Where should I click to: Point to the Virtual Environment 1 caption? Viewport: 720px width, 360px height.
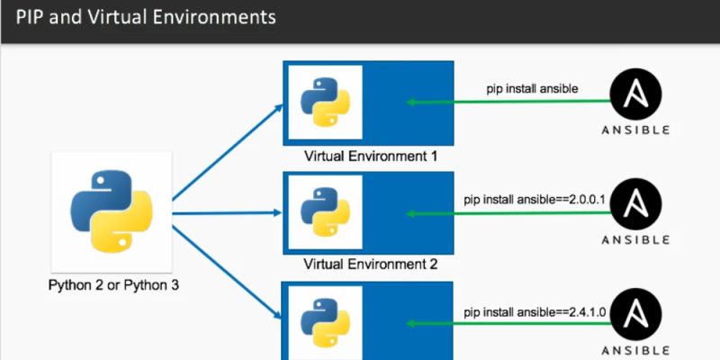click(x=371, y=155)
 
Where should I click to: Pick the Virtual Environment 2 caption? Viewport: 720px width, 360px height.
click(x=371, y=265)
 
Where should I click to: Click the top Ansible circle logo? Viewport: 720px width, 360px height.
click(x=635, y=95)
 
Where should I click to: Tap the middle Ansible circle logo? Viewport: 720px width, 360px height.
click(x=635, y=206)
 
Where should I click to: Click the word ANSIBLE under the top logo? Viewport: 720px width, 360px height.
click(x=635, y=130)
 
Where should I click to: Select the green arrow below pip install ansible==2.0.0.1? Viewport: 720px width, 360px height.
click(x=508, y=213)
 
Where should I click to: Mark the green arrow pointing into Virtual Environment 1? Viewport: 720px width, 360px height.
click(x=508, y=103)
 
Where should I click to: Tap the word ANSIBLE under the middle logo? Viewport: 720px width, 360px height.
click(x=635, y=239)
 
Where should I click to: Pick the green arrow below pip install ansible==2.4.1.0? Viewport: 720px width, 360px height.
click(x=508, y=323)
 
